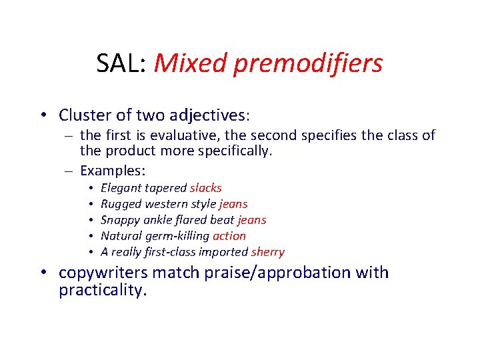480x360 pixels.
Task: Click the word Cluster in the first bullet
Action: pos(84,115)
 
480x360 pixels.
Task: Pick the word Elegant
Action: pos(121,188)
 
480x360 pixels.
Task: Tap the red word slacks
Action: pos(205,188)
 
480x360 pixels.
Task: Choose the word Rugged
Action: pos(121,204)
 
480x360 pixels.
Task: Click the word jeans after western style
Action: pos(233,204)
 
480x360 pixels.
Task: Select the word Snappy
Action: pos(120,220)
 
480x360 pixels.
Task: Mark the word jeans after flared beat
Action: pos(251,220)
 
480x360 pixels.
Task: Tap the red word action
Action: pos(229,236)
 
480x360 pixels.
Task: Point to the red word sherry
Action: pos(267,252)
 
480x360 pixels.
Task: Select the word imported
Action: pos(225,252)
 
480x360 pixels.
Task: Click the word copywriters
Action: pos(105,273)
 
